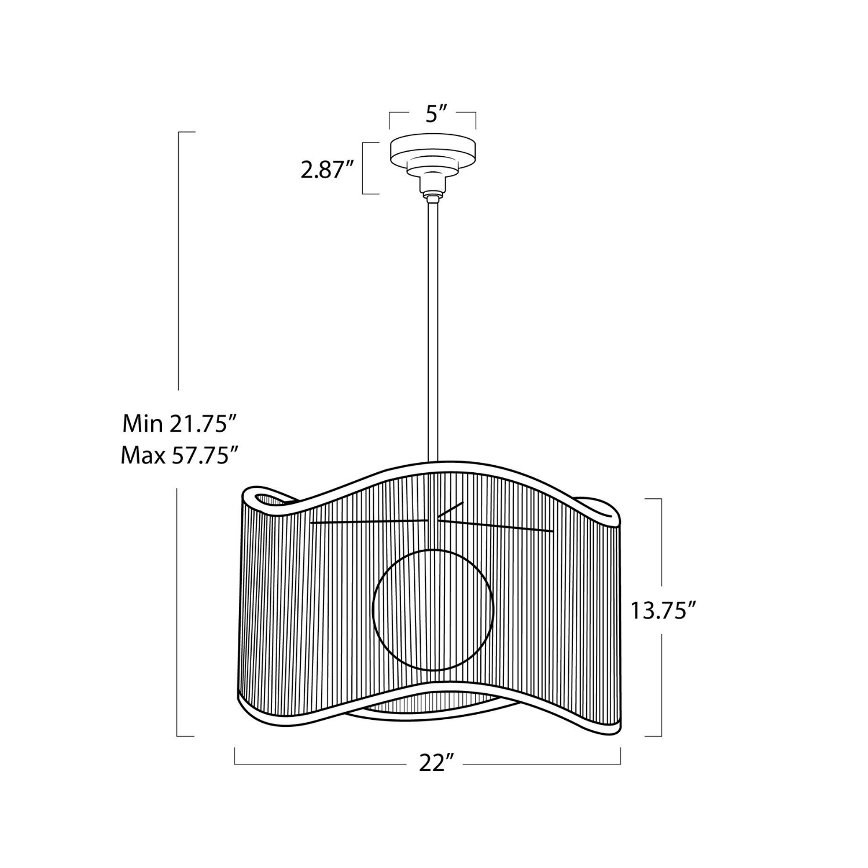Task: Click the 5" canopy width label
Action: click(433, 115)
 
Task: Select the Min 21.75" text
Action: click(180, 425)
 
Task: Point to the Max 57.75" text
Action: click(180, 456)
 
